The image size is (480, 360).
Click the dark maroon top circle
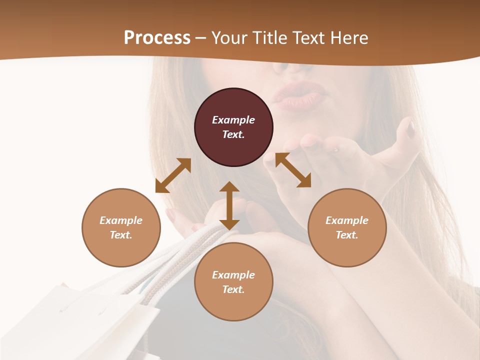233,127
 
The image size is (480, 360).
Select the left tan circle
121,227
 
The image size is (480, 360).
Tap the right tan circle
347,227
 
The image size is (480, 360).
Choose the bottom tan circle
233,282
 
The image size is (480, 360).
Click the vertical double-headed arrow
229,205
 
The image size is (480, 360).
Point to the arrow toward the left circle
173,175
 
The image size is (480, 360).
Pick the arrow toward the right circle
293,170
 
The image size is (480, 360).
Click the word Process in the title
157,38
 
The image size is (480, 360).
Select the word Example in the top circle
233,120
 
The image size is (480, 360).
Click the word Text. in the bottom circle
233,289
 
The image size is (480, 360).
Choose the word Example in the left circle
121,220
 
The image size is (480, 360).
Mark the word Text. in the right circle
347,235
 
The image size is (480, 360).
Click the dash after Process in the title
201,38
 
